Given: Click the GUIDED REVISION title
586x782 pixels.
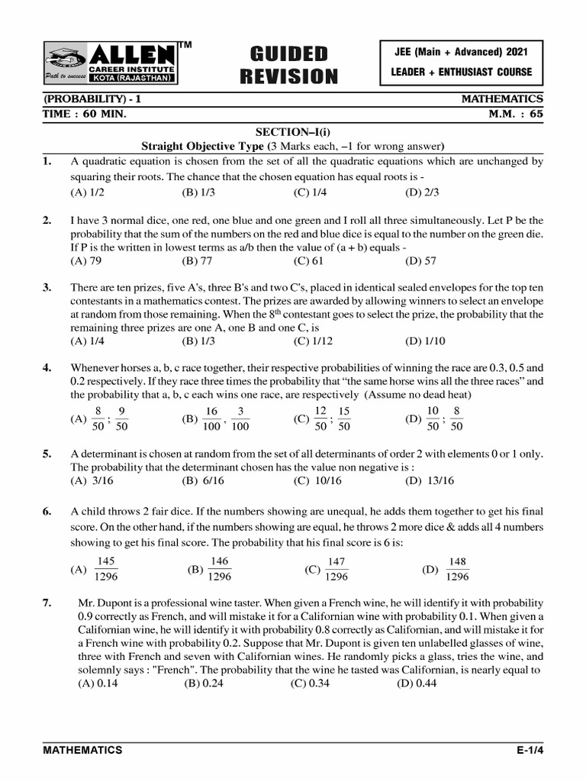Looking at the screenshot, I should tap(288, 65).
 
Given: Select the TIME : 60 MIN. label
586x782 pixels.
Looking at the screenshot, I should tap(85, 114).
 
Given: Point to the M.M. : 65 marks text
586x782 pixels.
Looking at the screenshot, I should tap(515, 114).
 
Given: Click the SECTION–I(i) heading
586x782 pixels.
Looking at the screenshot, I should tap(293, 132).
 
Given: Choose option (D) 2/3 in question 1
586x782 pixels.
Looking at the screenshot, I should tap(422, 192).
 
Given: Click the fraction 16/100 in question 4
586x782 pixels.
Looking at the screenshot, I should tap(212, 418).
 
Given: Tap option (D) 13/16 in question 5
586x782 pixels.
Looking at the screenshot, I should tap(430, 480).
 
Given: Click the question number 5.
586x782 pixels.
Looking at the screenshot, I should tap(47, 454).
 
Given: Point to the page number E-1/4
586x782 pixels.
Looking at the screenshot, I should tap(530, 750).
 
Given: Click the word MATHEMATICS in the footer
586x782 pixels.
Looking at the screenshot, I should tap(82, 750).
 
